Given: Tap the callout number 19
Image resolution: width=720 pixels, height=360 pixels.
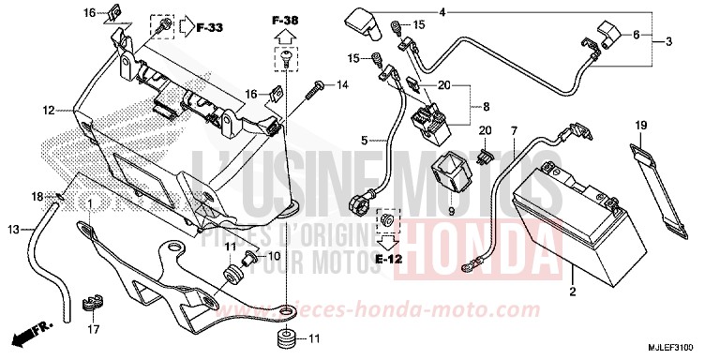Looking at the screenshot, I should [x=641, y=126].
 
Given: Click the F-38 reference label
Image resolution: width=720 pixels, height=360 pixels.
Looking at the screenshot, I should [x=285, y=21].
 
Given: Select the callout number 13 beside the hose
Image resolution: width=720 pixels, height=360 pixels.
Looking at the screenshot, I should [x=12, y=230].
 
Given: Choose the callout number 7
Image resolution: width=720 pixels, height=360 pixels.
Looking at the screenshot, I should [x=514, y=128].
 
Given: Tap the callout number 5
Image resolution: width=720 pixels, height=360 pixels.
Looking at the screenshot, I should [x=363, y=142].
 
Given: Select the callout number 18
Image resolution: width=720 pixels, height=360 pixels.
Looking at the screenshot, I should [x=37, y=196].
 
